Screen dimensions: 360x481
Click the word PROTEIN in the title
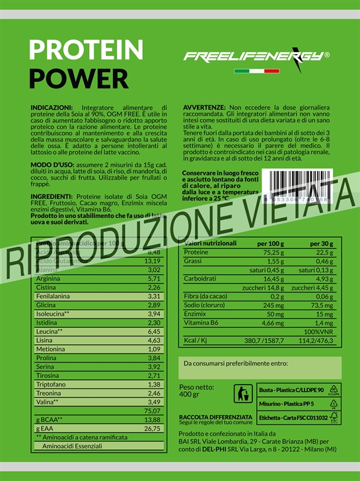pyautogui.click(x=87, y=50)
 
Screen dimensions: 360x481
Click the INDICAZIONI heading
pyautogui.click(x=52, y=106)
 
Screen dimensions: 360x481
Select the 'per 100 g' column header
pyautogui.click(x=271, y=243)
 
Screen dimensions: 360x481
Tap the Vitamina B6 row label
pyautogui.click(x=201, y=324)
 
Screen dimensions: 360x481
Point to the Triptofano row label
pyautogui.click(x=51, y=384)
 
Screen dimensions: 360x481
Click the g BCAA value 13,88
pyautogui.click(x=153, y=420)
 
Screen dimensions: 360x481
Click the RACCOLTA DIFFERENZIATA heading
pyautogui.click(x=215, y=417)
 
